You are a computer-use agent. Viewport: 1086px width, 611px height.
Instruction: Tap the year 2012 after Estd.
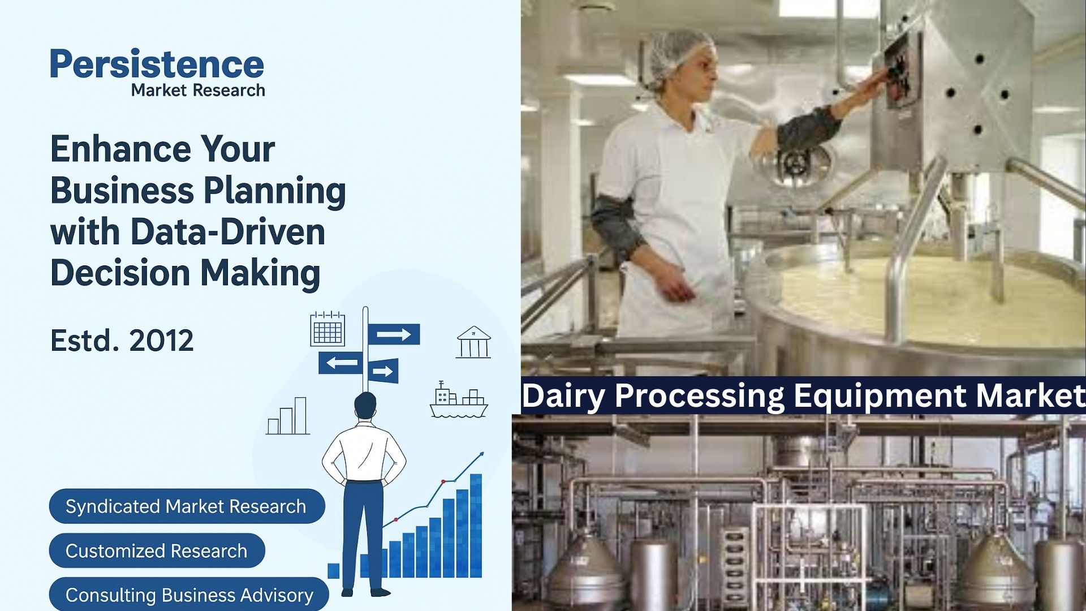161,341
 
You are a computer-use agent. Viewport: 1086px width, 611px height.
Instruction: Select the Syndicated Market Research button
187,506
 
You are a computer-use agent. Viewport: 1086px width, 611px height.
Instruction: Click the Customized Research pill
157,550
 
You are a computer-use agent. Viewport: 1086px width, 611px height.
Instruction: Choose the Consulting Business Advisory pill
189,594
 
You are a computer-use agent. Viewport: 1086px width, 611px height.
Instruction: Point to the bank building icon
473,342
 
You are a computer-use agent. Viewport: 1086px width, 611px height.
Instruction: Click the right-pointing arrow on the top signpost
394,334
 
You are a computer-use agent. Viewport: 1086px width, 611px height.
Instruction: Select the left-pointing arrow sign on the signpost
340,363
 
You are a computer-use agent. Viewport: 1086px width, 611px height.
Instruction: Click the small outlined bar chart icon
288,416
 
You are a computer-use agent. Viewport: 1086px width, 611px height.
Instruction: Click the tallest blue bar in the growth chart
476,526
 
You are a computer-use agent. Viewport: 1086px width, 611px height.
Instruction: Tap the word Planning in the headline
275,191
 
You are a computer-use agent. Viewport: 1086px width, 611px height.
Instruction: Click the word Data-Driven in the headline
227,232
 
